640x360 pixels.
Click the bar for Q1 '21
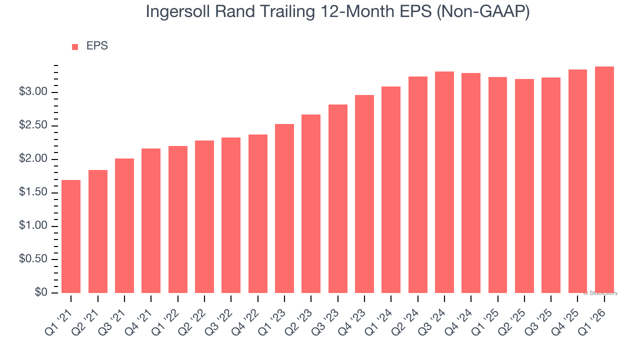(71, 236)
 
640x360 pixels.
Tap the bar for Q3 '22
(231, 215)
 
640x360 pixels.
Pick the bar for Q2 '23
(311, 203)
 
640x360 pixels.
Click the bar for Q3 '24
(444, 182)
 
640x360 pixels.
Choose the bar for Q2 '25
(524, 186)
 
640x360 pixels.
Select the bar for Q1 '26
(604, 179)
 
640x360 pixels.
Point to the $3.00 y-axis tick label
(33, 92)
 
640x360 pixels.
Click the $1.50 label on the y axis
(33, 193)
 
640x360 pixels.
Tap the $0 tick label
(41, 293)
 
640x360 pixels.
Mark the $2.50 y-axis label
(33, 126)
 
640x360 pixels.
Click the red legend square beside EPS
(75, 47)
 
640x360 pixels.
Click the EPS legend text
(97, 46)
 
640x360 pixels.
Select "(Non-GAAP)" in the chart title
(483, 12)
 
